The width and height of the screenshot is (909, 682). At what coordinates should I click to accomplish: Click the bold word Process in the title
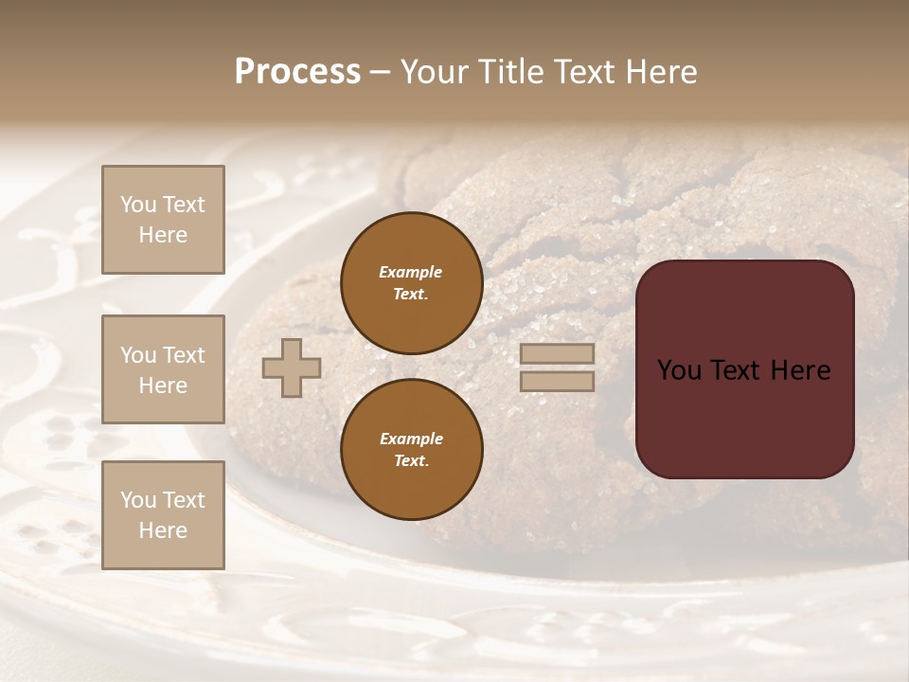click(297, 72)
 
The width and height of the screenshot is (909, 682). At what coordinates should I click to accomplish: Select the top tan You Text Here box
click(163, 220)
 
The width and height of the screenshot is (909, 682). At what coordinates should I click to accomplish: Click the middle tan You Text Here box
click(163, 369)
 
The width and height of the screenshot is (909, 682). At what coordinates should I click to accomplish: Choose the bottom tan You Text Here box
click(163, 515)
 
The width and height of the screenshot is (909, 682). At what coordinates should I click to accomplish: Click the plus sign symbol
click(292, 368)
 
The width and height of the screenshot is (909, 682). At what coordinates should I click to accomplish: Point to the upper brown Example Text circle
click(411, 283)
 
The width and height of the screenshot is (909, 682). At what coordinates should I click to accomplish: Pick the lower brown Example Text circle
click(411, 450)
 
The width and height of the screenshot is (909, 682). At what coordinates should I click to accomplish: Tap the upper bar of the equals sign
click(558, 353)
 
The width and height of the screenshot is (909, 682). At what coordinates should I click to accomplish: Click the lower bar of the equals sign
click(558, 381)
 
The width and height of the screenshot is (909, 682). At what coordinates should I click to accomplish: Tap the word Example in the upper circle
click(410, 273)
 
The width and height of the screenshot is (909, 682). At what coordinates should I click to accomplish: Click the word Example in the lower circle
click(411, 440)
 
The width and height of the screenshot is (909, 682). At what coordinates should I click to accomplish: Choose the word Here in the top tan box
click(163, 235)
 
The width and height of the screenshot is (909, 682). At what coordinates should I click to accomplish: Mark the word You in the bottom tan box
click(138, 500)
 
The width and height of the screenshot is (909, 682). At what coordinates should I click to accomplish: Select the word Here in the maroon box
click(801, 370)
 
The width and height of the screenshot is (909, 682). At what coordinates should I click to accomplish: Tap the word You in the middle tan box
click(138, 355)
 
